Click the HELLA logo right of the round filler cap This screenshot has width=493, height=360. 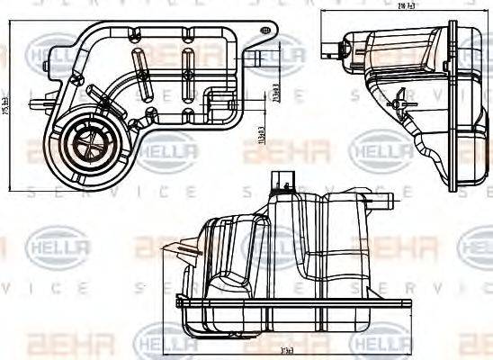point(166,148)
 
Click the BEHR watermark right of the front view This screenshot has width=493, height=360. point(405,246)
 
